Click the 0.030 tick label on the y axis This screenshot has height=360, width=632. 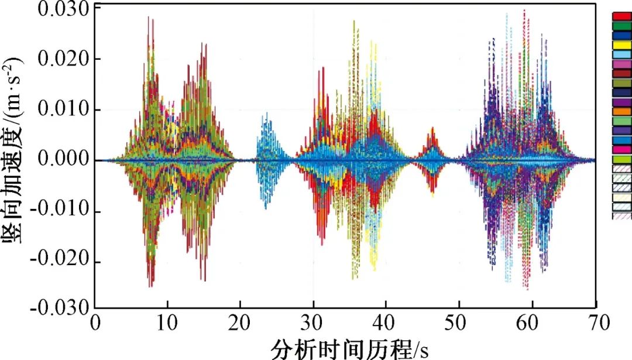click(64, 9)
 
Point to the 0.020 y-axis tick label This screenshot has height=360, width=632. click(64, 59)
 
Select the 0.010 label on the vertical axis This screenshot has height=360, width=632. click(64, 110)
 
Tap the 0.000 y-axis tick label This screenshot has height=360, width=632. click(64, 160)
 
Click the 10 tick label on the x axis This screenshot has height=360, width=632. click(167, 322)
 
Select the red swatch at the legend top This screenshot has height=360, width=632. click(621, 16)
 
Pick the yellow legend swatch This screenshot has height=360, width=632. click(621, 44)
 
